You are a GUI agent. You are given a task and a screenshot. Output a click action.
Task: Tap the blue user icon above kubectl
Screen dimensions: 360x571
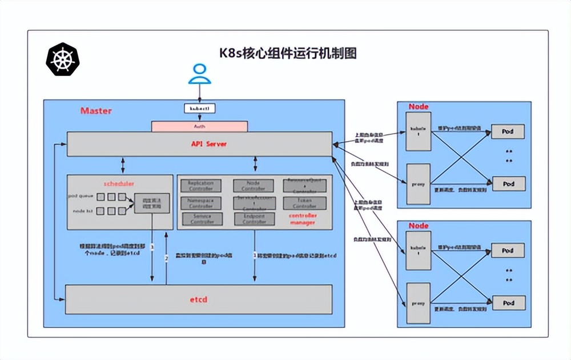199,74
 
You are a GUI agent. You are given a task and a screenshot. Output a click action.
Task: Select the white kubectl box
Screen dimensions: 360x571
199,107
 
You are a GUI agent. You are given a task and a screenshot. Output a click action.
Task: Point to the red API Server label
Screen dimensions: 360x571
208,144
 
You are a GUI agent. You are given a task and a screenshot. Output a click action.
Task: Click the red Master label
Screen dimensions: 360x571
96,110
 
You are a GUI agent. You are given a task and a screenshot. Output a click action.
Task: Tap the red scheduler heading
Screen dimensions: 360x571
118,185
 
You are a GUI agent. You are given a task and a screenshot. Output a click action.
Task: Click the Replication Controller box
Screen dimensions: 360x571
200,186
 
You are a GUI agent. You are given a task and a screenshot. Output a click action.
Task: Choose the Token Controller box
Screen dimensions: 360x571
305,203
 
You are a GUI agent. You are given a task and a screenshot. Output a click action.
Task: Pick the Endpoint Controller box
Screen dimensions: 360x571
254,219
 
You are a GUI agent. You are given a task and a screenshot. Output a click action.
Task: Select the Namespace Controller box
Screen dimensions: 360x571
200,203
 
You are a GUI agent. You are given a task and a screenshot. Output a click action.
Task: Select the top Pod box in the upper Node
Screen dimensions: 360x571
508,131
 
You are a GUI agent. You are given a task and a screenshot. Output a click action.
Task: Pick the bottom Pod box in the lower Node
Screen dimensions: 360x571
508,302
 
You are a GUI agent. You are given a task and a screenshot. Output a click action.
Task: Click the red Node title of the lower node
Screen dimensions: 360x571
418,226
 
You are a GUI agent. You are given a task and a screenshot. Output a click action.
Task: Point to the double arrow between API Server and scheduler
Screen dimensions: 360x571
122,165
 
